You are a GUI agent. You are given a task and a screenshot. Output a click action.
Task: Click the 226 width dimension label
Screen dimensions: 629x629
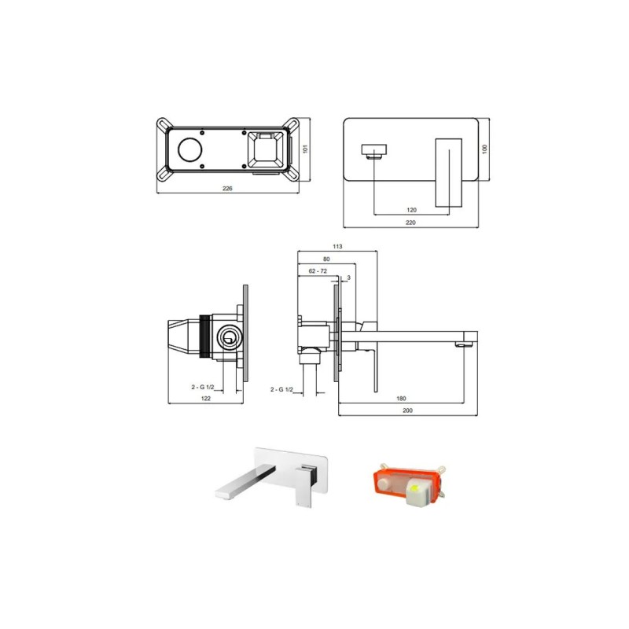click(x=227, y=188)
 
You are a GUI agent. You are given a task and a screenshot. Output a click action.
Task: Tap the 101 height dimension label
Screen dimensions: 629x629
click(x=305, y=149)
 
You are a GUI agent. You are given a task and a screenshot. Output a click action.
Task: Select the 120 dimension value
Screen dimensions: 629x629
click(x=411, y=210)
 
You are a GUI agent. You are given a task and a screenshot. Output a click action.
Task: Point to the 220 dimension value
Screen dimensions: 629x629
click(x=410, y=223)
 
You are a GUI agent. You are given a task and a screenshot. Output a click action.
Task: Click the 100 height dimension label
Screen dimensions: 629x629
click(x=484, y=149)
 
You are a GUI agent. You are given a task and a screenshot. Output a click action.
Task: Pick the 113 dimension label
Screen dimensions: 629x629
click(x=337, y=246)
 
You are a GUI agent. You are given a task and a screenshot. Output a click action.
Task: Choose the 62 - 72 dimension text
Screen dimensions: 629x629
click(x=318, y=271)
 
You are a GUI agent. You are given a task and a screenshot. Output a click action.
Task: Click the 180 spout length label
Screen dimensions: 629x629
click(x=401, y=399)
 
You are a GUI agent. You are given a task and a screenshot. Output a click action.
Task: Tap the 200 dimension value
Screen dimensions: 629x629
click(x=407, y=410)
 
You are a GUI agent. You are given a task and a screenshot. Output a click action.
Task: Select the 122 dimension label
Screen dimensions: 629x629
click(x=205, y=399)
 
